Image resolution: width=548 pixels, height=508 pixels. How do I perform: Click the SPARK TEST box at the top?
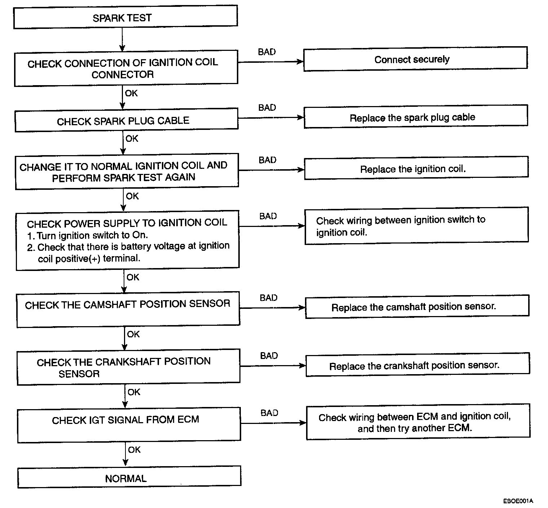coord(125,17)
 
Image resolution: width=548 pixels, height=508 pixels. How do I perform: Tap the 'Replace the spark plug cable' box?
coord(416,117)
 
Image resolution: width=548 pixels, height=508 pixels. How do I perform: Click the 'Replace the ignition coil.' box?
coord(416,168)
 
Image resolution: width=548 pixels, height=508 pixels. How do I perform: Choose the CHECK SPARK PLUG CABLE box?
coord(126,120)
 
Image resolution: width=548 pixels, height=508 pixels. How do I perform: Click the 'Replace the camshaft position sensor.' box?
coord(417,307)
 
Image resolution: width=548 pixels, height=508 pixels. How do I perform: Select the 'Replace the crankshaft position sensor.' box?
coord(417,365)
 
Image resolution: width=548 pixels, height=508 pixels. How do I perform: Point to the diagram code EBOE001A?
coord(518,501)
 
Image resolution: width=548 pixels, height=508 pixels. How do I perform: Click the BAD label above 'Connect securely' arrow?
coord(267,52)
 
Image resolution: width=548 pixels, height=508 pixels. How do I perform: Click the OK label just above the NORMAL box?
coord(134,450)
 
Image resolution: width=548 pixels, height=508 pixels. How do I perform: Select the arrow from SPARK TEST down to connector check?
coord(122,39)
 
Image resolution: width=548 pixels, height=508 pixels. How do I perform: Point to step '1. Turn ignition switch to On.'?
coord(87,235)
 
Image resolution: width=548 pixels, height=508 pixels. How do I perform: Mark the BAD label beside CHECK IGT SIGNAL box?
coord(269,413)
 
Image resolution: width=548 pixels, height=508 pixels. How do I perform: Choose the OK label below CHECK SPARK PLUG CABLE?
coord(132,138)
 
